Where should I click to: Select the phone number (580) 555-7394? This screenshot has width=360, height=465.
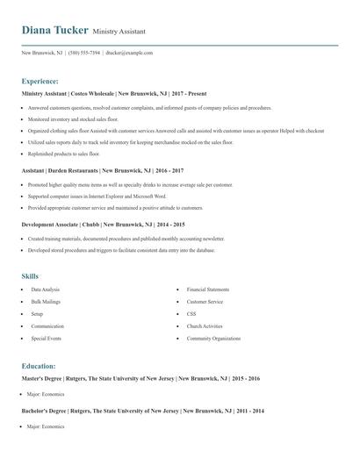pos(84,53)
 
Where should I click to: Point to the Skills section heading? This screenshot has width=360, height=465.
pos(31,276)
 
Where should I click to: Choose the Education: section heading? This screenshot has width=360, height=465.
pos(39,365)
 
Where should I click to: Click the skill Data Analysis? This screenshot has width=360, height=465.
pos(46,289)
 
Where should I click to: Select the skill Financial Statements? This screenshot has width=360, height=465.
pos(208,289)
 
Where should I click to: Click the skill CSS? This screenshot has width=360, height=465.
pos(191,313)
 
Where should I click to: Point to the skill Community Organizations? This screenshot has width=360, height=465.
pos(213,338)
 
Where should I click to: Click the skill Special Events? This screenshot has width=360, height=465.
pos(46,338)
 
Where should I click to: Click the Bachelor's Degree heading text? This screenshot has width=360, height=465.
pos(48,410)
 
